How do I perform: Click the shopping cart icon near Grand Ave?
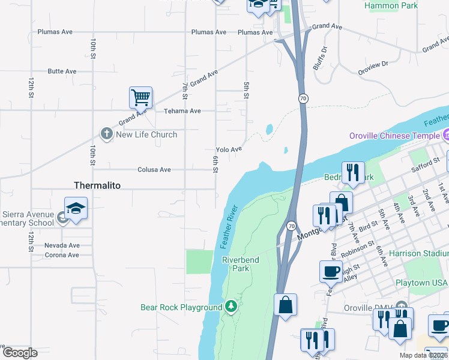(140, 97)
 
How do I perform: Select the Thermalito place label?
(97, 185)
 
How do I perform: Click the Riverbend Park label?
(235, 264)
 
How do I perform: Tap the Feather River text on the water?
(229, 227)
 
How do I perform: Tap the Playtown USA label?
(421, 282)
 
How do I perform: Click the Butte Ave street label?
(62, 71)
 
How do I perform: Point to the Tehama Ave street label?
(182, 111)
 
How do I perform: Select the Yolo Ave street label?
(229, 149)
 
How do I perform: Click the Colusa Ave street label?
(154, 170)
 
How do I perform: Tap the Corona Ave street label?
(62, 255)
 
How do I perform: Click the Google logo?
(20, 352)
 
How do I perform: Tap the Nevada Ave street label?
(62, 245)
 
